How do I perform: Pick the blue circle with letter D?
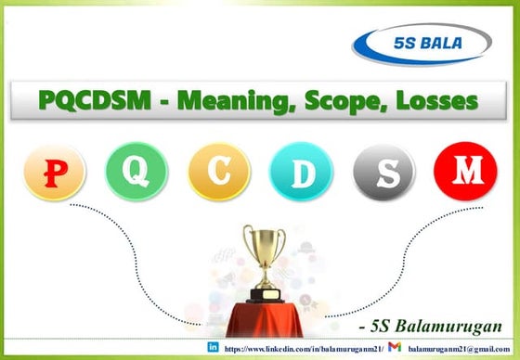tap(297, 172)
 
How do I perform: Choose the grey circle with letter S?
tap(380, 172)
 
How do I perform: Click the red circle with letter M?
tap(462, 172)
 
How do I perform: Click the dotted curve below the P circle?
tap(102, 251)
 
